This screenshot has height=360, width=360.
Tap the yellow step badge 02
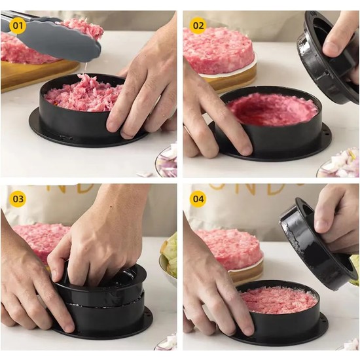point(198,26)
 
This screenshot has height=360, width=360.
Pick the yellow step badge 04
point(198,198)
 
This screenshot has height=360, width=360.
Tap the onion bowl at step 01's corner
point(168,164)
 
